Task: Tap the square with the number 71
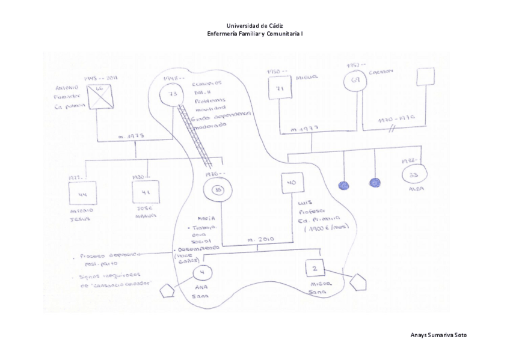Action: (279, 90)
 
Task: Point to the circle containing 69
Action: (354, 81)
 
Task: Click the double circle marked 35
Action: (218, 191)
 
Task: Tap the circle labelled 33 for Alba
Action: (413, 176)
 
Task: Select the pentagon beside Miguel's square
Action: (358, 282)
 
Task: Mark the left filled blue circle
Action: (344, 185)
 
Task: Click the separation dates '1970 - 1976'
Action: (397, 120)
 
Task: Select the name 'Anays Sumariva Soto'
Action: (438, 335)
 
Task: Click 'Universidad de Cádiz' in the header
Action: (254, 26)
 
